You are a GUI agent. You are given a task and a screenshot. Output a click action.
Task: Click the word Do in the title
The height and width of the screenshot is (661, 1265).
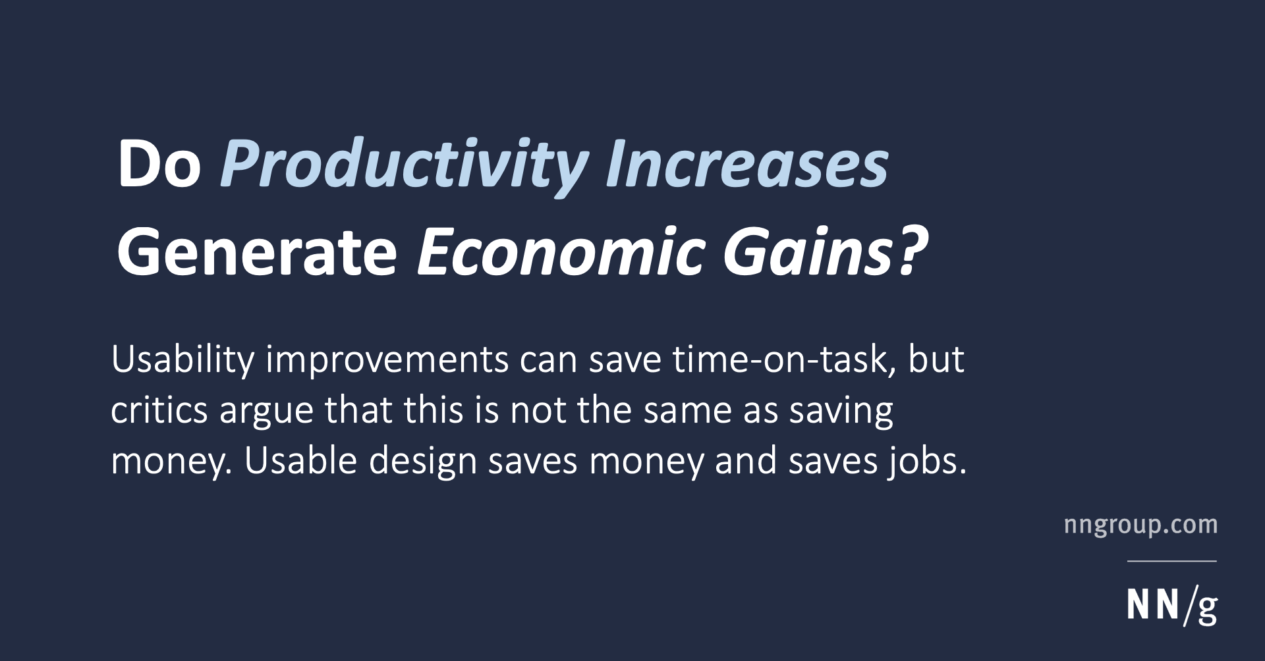tap(159, 165)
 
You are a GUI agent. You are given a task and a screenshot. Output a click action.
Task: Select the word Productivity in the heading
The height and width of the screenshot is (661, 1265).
tap(404, 165)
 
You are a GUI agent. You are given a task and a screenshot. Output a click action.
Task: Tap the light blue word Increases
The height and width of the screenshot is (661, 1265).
tap(746, 165)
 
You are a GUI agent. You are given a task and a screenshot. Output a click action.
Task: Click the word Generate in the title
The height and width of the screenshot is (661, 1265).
tap(257, 253)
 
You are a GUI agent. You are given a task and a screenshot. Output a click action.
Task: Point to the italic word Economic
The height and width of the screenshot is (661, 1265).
tap(561, 253)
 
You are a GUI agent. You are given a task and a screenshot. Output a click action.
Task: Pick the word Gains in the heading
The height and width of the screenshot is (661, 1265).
tap(808, 253)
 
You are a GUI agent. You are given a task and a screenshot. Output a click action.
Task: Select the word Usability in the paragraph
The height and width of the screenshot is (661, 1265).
tap(183, 361)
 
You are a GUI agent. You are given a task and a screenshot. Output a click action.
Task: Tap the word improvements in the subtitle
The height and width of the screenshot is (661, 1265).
tap(387, 361)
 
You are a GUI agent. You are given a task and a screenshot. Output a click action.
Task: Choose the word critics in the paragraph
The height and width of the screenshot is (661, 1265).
tap(159, 411)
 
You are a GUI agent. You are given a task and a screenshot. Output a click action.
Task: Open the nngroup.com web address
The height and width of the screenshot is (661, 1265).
tap(1140, 525)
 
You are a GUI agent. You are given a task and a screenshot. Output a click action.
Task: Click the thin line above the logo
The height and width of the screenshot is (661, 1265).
tap(1171, 561)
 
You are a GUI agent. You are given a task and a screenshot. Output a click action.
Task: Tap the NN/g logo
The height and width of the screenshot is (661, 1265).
tap(1171, 606)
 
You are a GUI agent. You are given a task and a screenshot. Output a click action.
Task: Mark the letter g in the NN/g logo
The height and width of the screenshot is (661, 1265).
tap(1207, 610)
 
